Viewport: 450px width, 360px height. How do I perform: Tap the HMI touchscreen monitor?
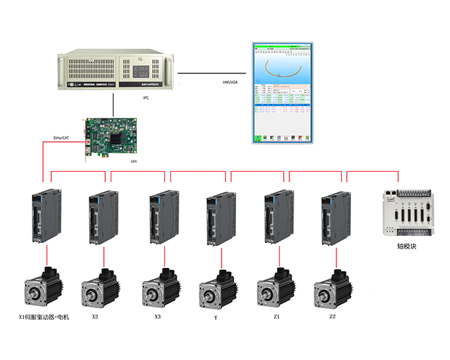[x=282, y=93]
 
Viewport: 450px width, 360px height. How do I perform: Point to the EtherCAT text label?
[x=62, y=138]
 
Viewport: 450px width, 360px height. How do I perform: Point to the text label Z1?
[x=277, y=316]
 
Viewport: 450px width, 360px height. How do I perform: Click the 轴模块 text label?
[x=406, y=246]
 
